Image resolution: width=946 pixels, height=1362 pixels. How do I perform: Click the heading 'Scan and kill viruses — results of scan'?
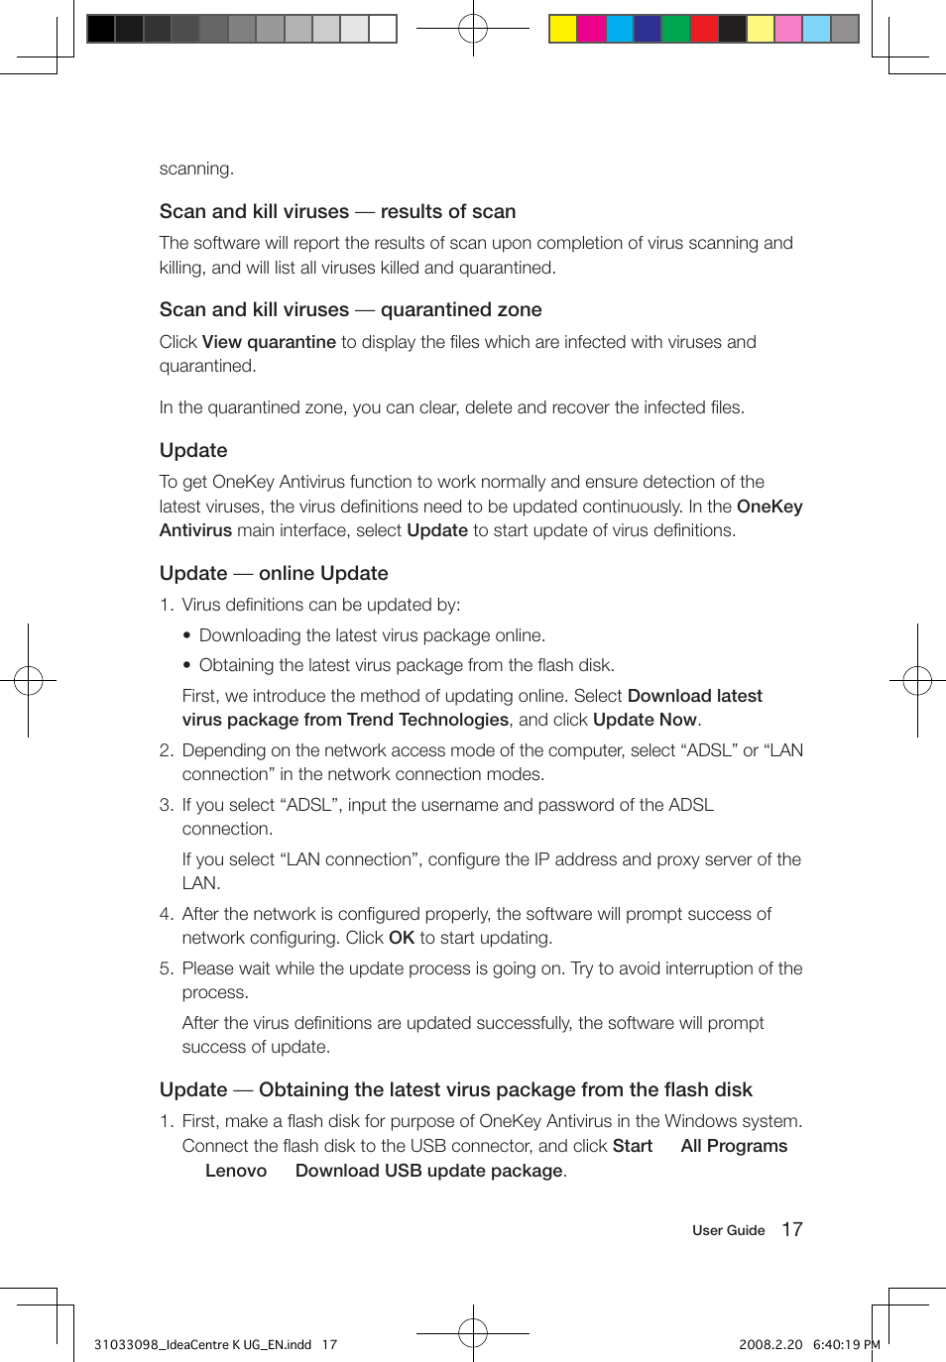337,211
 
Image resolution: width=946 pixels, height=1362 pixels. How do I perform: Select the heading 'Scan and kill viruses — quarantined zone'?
350,309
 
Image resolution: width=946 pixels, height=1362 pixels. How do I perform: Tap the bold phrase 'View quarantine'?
269,342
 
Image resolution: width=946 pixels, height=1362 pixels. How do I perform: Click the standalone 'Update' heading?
193,450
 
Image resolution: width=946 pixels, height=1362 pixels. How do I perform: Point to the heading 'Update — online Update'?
274,573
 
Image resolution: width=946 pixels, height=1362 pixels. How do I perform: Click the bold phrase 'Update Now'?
645,720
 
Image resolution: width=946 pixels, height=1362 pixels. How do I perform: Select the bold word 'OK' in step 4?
401,938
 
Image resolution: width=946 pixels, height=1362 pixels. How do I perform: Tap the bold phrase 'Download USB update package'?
428,1171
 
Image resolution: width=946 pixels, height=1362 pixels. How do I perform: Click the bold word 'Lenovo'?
236,1171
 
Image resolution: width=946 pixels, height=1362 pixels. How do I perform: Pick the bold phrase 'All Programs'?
734,1146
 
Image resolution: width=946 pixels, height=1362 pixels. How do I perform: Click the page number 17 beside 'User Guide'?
791,1229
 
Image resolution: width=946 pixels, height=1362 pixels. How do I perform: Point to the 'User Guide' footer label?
728,1230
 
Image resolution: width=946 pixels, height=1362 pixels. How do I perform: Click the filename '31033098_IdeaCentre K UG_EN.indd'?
202,1345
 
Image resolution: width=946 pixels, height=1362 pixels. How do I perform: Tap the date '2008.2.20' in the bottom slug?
769,1345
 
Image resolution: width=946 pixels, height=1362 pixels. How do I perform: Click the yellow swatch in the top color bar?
563,29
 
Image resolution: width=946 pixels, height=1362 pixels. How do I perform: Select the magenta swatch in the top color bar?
591,29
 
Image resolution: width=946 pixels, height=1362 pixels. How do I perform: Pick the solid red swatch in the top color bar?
704,29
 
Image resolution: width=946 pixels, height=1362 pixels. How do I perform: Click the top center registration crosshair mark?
473,29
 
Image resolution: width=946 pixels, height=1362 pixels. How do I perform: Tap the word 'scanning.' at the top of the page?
196,169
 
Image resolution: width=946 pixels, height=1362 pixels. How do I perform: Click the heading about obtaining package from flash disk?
455,1089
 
